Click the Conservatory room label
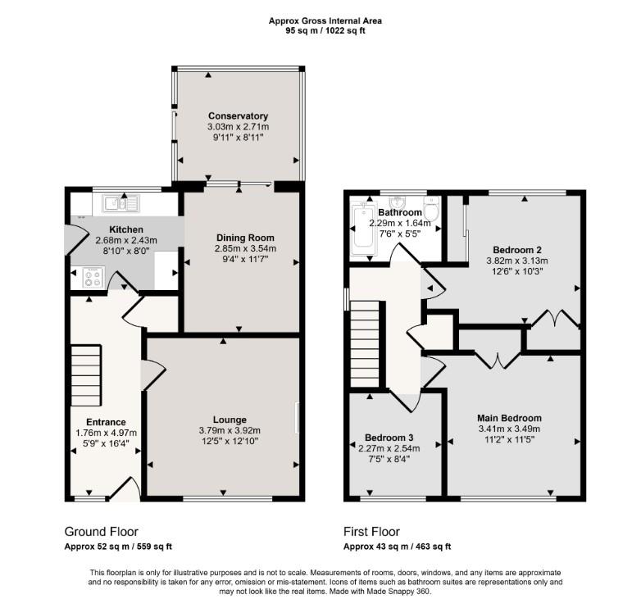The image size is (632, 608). tap(239, 116)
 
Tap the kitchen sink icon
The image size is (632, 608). tap(121, 203)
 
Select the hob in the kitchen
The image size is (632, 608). tap(93, 277)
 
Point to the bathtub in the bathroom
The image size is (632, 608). tap(364, 229)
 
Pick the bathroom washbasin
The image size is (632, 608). tap(398, 202)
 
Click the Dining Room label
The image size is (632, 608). tap(245, 238)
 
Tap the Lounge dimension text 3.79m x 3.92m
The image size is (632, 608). tap(230, 430)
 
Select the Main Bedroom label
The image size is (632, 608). tap(510, 418)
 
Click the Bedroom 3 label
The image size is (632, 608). tap(389, 438)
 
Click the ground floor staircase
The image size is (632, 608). tap(86, 375)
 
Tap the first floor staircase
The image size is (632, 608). tap(365, 344)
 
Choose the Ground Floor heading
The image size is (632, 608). tap(101, 532)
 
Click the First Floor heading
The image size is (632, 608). tap(371, 532)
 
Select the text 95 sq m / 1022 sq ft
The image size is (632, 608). tap(325, 30)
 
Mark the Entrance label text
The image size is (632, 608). tap(106, 422)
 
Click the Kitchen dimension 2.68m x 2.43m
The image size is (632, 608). tap(126, 241)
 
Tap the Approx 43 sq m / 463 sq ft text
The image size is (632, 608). tap(397, 547)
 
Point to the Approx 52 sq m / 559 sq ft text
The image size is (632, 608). tap(118, 547)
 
